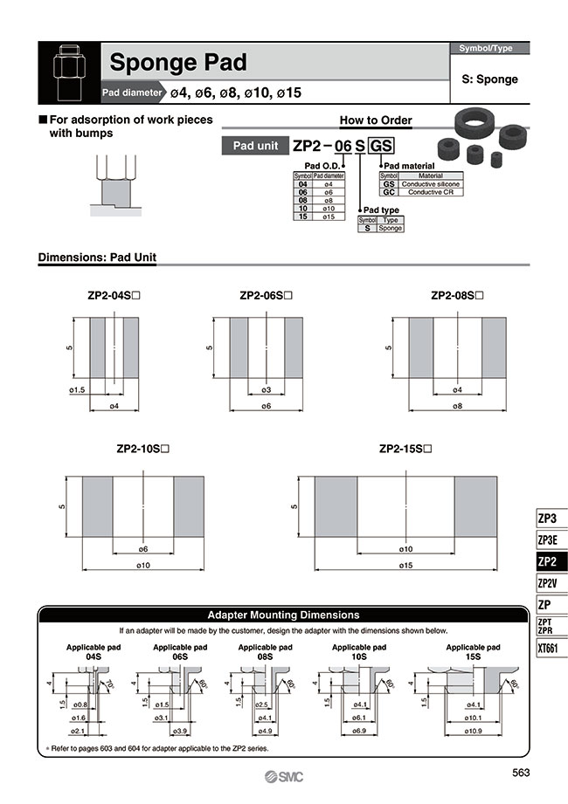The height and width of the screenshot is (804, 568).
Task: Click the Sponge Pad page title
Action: (177, 63)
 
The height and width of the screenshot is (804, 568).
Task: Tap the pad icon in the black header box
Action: (70, 72)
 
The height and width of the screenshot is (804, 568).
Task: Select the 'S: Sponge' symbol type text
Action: (489, 79)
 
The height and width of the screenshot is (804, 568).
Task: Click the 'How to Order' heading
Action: (376, 120)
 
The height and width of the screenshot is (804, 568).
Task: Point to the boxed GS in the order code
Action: (381, 146)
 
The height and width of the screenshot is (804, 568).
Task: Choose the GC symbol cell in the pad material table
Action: (389, 192)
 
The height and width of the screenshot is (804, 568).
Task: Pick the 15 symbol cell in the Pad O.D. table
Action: (302, 216)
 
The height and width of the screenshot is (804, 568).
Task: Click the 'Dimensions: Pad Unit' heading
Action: (97, 258)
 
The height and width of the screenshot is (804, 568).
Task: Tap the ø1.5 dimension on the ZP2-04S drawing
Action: (77, 389)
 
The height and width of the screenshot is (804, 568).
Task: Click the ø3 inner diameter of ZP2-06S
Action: (267, 389)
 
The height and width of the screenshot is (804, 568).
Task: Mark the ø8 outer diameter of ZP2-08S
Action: (458, 406)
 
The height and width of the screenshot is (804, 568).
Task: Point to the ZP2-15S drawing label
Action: (406, 450)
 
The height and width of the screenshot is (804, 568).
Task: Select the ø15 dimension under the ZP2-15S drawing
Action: (406, 566)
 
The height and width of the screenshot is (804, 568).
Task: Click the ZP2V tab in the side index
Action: (548, 583)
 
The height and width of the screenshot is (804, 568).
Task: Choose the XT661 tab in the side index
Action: (548, 648)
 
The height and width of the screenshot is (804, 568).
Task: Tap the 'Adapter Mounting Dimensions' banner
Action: (282, 615)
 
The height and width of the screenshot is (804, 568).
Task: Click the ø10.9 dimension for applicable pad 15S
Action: (474, 730)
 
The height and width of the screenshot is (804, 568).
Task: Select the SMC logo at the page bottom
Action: (284, 777)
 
